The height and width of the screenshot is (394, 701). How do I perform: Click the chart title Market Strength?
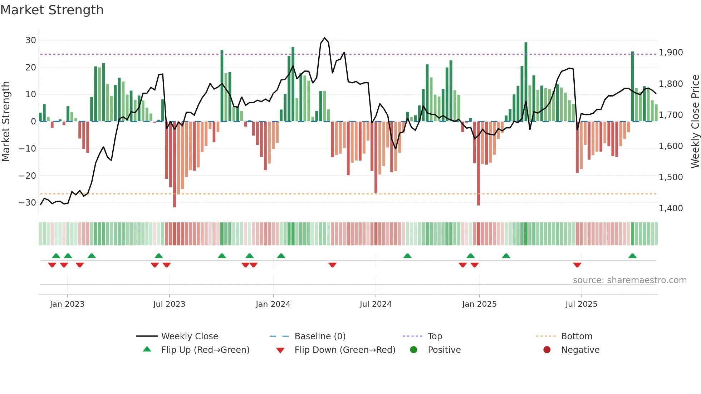(x=52, y=10)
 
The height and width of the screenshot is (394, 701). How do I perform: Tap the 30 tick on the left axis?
(x=31, y=40)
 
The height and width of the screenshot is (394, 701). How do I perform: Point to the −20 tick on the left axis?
(x=28, y=176)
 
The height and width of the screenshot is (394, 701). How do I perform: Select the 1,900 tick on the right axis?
(x=671, y=53)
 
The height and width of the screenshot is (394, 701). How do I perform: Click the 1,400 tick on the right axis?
(x=671, y=208)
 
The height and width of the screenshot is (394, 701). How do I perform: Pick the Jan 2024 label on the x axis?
(x=273, y=304)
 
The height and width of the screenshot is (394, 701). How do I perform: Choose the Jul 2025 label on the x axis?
(x=581, y=304)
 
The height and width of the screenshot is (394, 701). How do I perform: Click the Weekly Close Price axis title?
(x=695, y=122)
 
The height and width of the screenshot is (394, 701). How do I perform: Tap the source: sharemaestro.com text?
(x=629, y=280)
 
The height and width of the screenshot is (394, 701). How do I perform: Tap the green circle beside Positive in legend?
(x=414, y=350)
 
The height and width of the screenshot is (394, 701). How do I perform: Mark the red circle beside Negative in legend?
(x=547, y=350)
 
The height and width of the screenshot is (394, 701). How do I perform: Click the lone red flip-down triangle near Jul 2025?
(x=577, y=265)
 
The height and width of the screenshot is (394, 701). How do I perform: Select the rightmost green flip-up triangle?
(x=632, y=256)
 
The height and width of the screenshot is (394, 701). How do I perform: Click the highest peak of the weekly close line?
(x=325, y=38)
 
